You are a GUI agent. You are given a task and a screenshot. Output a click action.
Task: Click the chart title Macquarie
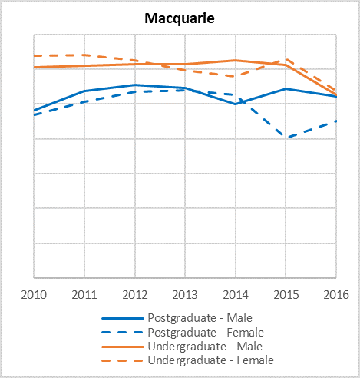180,18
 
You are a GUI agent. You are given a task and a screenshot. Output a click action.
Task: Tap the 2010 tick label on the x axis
34,295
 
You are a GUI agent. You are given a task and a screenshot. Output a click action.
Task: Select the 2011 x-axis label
84,295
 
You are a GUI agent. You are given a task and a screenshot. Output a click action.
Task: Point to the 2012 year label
135,295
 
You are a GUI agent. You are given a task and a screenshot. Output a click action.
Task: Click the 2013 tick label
185,295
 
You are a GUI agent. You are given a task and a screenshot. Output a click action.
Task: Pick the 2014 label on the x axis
236,295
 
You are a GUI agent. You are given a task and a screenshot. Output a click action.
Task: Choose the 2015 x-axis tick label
286,295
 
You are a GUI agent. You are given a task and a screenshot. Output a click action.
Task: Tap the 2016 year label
336,295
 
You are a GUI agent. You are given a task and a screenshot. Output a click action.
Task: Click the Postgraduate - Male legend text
200,318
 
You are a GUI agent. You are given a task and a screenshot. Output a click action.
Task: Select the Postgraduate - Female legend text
206,333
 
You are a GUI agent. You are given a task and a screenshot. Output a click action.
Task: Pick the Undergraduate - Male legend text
205,346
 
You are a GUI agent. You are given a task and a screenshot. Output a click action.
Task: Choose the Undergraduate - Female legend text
211,360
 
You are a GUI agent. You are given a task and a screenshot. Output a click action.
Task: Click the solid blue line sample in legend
123,319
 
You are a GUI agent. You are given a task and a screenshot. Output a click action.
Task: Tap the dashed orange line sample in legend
123,360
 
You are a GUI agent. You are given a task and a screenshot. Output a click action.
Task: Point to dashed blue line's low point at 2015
288,137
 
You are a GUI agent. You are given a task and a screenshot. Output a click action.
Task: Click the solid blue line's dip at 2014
236,104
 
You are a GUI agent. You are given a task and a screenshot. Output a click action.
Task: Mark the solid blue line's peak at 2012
135,85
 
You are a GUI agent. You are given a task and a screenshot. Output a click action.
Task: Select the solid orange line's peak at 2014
236,61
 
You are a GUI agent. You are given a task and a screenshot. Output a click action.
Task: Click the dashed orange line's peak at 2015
286,59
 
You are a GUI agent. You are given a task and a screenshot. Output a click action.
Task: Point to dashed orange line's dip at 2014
236,76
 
